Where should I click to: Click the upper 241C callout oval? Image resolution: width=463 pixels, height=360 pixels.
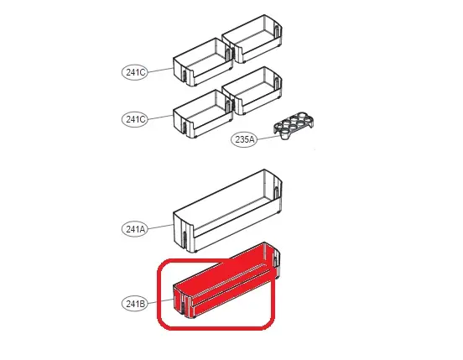pyautogui.click(x=135, y=72)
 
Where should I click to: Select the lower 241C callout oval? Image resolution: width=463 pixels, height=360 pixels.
pyautogui.click(x=135, y=119)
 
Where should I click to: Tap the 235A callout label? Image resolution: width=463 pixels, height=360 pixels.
pyautogui.click(x=244, y=138)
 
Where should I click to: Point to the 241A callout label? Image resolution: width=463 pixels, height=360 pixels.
pyautogui.click(x=135, y=229)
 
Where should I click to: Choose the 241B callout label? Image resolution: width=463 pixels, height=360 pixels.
pyautogui.click(x=135, y=304)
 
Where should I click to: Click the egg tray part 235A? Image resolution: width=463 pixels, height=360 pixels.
pyautogui.click(x=294, y=125)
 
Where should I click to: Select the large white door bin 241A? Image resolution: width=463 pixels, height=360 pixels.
pyautogui.click(x=227, y=211)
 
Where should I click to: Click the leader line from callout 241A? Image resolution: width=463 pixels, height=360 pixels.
pyautogui.click(x=160, y=227)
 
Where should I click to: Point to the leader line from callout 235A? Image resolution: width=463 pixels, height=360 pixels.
pyautogui.click(x=268, y=137)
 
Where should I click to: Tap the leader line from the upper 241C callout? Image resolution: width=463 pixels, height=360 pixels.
pyautogui.click(x=160, y=70)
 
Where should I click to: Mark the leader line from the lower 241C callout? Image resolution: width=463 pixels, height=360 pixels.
pyautogui.click(x=160, y=117)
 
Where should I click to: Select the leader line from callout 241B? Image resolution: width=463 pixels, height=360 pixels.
pyautogui.click(x=160, y=301)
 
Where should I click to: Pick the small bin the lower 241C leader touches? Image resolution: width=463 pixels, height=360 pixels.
pyautogui.click(x=203, y=113)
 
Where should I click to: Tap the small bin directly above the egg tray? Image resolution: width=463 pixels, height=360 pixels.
pyautogui.click(x=252, y=91)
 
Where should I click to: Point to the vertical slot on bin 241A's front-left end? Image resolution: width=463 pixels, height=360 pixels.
pyautogui.click(x=185, y=239)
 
